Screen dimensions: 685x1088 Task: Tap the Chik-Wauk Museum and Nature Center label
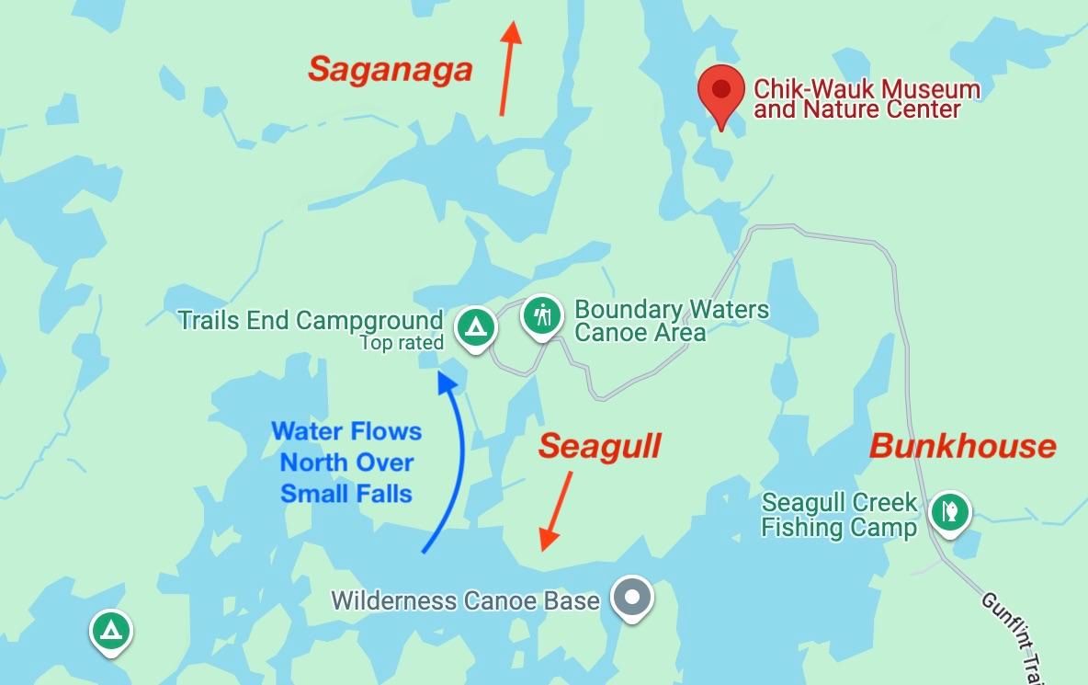[867, 99]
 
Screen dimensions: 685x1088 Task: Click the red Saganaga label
[391, 70]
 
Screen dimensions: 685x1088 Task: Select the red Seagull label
[600, 447]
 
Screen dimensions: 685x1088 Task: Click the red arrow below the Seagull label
[556, 511]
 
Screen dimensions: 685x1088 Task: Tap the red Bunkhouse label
[963, 447]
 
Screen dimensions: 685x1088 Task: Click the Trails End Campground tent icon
[475, 325]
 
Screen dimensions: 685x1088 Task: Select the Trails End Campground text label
[311, 320]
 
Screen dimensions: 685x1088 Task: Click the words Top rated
[402, 343]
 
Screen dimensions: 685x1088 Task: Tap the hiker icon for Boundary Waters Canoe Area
[542, 315]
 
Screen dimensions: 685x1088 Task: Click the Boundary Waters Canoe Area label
[672, 320]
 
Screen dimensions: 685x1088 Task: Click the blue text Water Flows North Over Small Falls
[346, 462]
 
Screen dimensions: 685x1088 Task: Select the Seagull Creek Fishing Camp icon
[949, 510]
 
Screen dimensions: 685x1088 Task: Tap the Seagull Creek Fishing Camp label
[840, 515]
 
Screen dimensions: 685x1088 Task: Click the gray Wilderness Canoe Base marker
[631, 597]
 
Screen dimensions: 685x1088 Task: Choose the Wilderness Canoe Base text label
[465, 601]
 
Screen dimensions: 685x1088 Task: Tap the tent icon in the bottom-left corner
[111, 631]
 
